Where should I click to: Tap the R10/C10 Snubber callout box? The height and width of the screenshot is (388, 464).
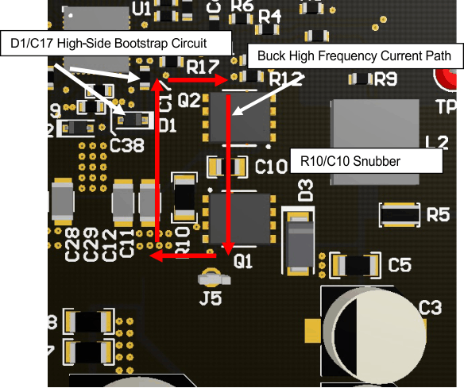365,160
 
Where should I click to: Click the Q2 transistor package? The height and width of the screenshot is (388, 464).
240,117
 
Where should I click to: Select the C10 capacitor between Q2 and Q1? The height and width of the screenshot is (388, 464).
226,167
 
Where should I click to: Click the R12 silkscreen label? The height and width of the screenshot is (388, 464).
287,79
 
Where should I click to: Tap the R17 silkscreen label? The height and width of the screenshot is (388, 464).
204,67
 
